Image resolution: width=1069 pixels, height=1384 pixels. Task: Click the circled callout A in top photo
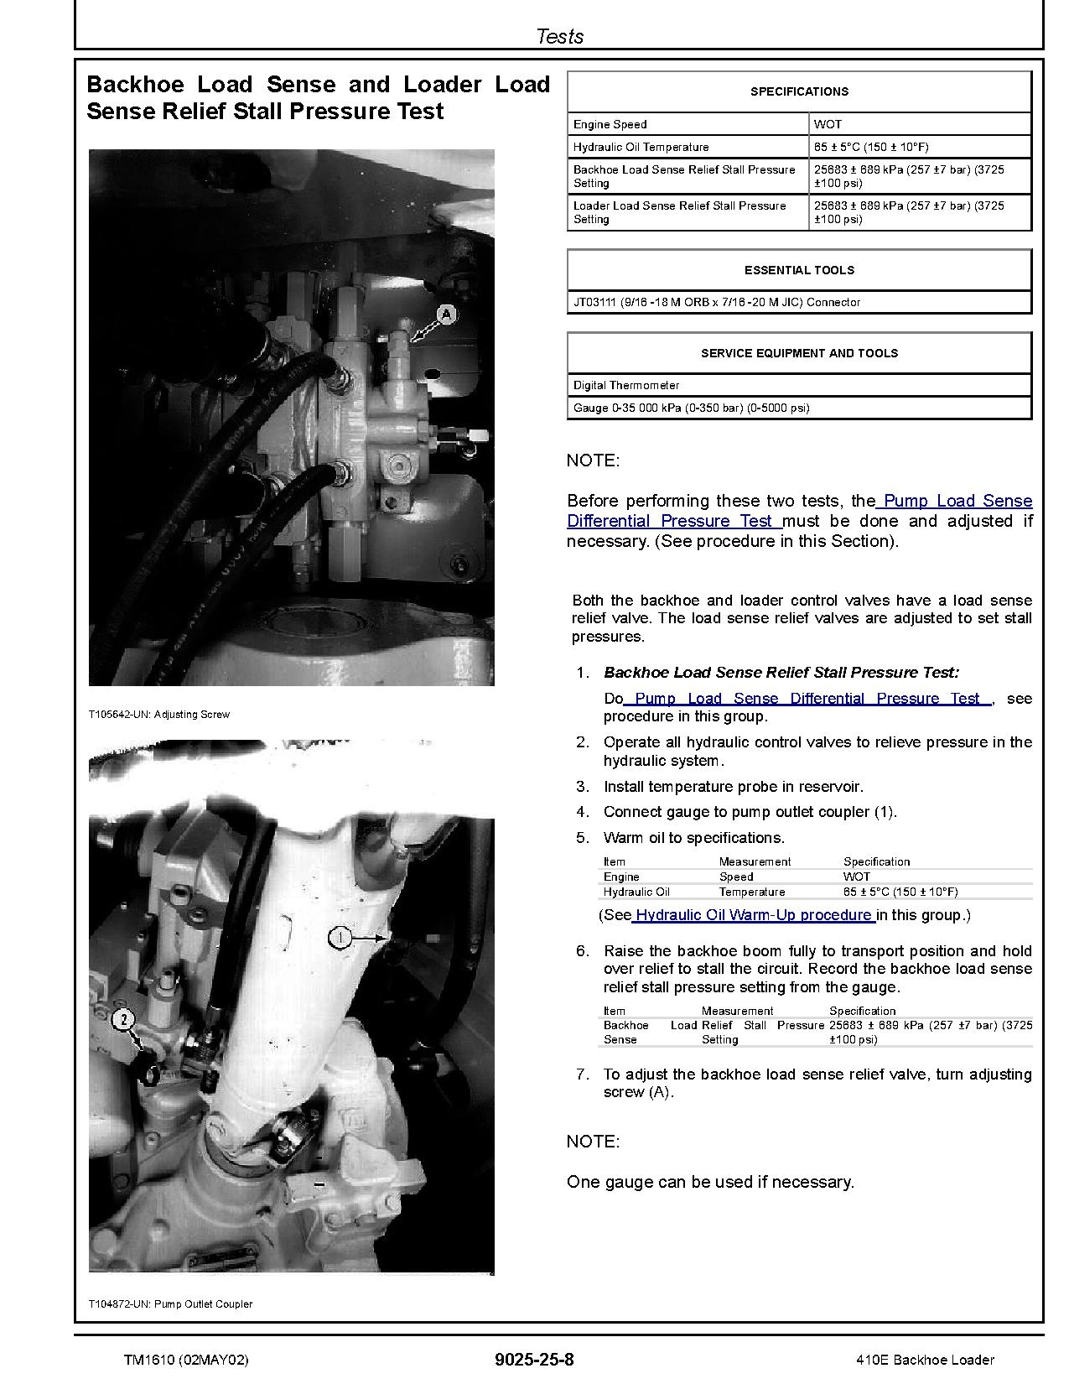(447, 315)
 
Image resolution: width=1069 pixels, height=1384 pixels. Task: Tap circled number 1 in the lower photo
(340, 937)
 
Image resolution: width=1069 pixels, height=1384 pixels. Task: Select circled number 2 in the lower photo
(124, 1020)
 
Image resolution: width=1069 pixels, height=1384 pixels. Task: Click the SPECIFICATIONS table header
(799, 91)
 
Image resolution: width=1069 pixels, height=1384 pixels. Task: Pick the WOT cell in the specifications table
(828, 124)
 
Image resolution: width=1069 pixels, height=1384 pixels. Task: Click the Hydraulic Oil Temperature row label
(641, 147)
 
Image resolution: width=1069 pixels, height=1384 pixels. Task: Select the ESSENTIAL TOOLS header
(799, 270)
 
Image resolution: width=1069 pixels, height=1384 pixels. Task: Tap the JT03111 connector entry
(716, 302)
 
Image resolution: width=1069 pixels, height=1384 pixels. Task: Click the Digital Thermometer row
(626, 385)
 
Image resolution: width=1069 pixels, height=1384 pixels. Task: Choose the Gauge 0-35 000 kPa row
(691, 408)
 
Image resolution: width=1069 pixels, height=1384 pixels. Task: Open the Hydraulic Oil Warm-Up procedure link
(753, 915)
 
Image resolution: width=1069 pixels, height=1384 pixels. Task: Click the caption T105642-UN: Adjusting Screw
(158, 715)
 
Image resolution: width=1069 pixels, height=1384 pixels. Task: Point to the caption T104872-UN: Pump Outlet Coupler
(170, 1304)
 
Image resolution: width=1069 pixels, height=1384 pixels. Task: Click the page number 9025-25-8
(534, 1360)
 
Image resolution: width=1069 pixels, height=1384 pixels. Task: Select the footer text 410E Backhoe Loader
(926, 1360)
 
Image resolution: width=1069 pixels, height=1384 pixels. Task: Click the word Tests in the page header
(559, 36)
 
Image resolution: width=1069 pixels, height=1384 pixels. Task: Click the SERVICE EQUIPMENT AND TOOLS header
(799, 353)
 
